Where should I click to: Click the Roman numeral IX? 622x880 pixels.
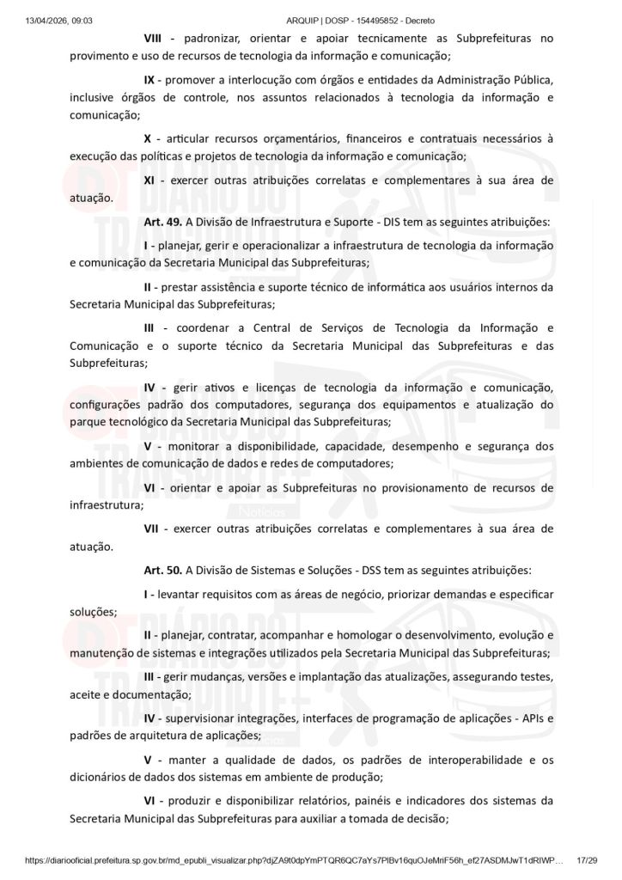click(149, 80)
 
